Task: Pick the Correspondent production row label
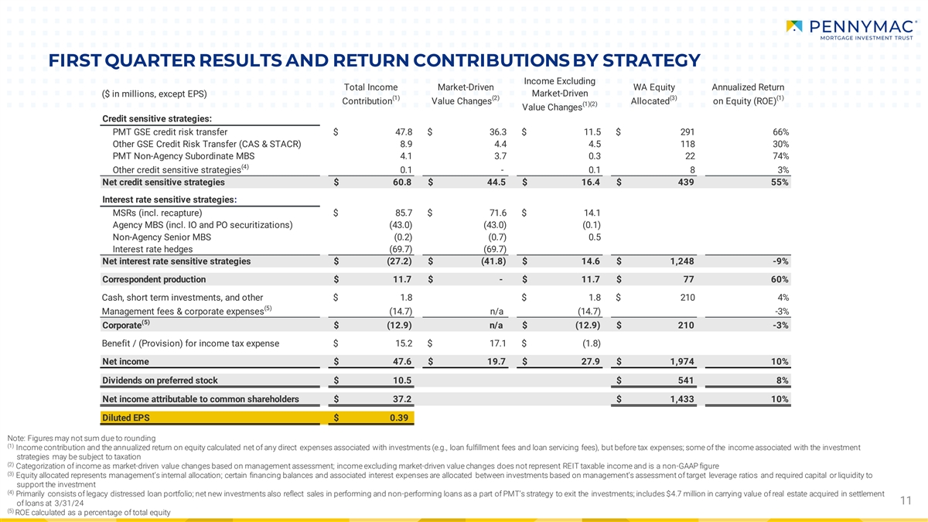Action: (x=154, y=279)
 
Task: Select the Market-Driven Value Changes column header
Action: (x=461, y=94)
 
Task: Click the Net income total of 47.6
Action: (x=399, y=362)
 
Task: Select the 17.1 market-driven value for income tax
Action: (x=496, y=343)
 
